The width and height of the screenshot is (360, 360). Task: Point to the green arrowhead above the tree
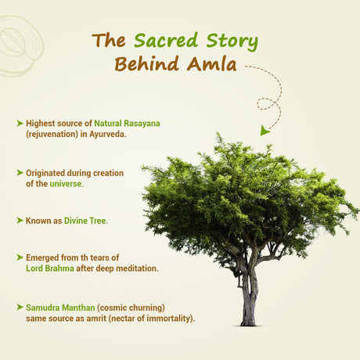(x=266, y=130)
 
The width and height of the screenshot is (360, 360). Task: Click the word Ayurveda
(x=108, y=135)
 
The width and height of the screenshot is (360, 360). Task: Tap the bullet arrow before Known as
(x=20, y=221)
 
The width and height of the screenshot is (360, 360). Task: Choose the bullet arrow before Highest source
(x=20, y=124)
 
